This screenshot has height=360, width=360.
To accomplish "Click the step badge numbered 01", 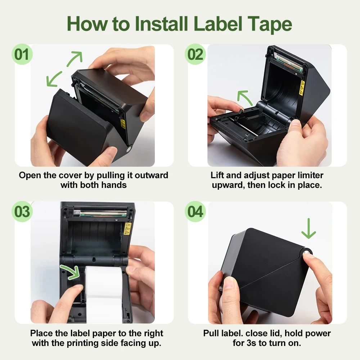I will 22,55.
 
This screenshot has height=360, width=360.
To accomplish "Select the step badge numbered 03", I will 22,212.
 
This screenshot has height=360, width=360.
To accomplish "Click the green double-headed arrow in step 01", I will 65,69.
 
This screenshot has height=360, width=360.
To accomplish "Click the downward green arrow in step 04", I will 309,229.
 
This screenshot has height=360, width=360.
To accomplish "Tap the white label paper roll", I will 104,292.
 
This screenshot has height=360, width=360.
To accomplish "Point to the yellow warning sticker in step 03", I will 127,229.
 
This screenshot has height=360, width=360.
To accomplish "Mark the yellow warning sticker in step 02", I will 302,87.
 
